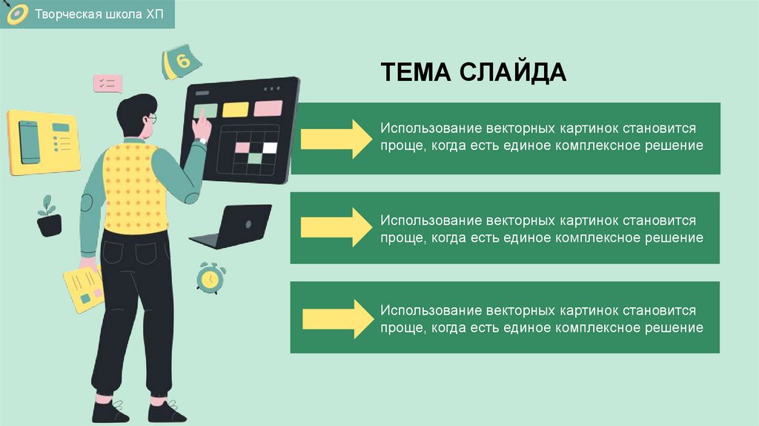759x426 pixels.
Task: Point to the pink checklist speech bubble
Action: coord(107,83)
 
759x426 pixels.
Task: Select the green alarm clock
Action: coord(209,277)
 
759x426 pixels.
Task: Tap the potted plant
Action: coord(50,217)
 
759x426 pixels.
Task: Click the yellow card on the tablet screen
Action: coord(236,109)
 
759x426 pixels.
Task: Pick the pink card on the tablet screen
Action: coord(268,108)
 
